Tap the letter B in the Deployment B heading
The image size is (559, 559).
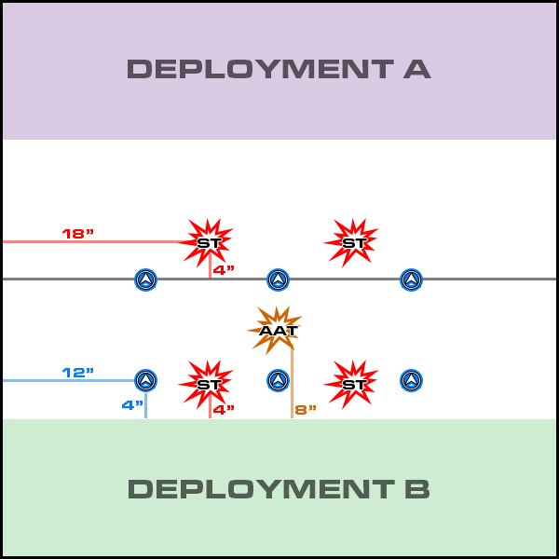point(418,489)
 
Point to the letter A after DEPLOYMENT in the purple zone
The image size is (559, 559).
point(418,70)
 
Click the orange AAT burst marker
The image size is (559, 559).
point(277,330)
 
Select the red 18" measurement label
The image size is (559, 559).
point(78,233)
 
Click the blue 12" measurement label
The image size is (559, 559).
point(78,373)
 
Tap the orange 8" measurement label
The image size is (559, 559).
point(306,410)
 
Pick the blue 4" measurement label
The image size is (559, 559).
point(132,405)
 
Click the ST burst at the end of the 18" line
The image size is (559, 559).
point(208,242)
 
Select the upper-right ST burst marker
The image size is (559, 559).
point(353,242)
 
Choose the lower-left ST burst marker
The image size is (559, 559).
point(208,383)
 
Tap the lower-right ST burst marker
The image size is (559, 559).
point(353,383)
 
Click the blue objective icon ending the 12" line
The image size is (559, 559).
point(145,380)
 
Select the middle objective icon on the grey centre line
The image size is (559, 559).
point(278,279)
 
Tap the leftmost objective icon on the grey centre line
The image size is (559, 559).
point(145,279)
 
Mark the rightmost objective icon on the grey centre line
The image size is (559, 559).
point(411,279)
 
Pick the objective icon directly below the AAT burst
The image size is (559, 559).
point(278,380)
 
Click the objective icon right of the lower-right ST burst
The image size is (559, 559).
point(411,380)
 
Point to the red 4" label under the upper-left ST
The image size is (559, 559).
point(224,270)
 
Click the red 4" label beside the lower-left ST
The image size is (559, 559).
point(224,410)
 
